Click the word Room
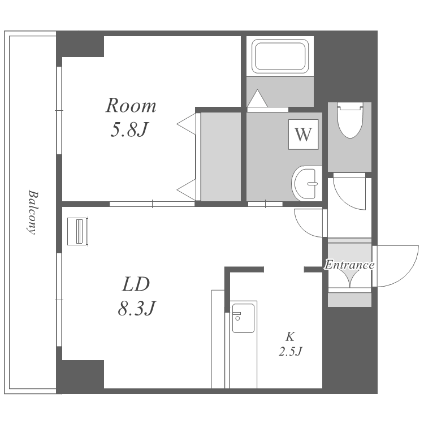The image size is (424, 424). pyautogui.click(x=131, y=106)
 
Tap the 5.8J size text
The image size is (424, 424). pyautogui.click(x=130, y=129)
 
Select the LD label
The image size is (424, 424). pyautogui.click(x=136, y=284)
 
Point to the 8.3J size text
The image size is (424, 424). pyautogui.click(x=137, y=308)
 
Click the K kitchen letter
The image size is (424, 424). pyautogui.click(x=290, y=337)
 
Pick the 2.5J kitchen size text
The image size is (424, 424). pyautogui.click(x=291, y=352)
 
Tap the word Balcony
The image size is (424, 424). pyautogui.click(x=33, y=213)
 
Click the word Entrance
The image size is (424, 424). pyautogui.click(x=349, y=265)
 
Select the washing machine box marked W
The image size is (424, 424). pyautogui.click(x=303, y=135)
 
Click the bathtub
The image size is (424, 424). pyautogui.click(x=280, y=56)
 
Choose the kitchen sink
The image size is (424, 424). pyautogui.click(x=243, y=318)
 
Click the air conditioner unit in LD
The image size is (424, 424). pyautogui.click(x=77, y=231)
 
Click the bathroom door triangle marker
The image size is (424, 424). pyautogui.click(x=257, y=98)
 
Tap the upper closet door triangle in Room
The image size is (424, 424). pyautogui.click(x=187, y=124)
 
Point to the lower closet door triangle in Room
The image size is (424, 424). pyautogui.click(x=187, y=190)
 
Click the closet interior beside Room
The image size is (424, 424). pyautogui.click(x=221, y=157)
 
